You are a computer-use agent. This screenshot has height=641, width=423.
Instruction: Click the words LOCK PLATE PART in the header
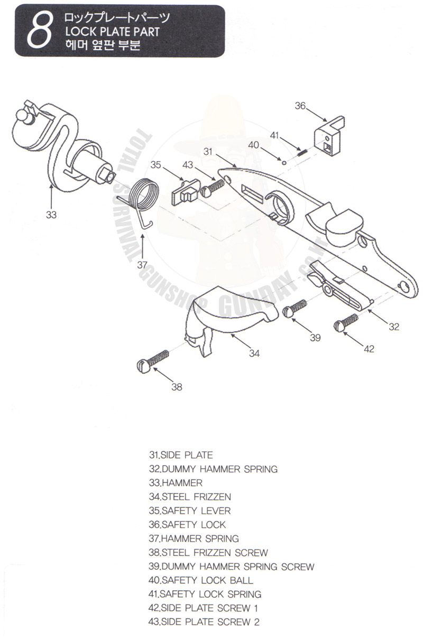click(x=112, y=32)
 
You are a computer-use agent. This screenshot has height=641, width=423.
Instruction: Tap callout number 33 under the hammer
click(x=51, y=215)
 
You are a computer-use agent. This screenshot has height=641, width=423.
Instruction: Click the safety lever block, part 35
click(x=186, y=192)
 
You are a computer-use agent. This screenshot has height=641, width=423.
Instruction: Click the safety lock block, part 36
click(x=329, y=136)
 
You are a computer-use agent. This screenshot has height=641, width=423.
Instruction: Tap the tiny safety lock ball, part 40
click(x=284, y=163)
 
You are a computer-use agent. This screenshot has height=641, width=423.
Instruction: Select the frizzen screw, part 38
click(x=153, y=361)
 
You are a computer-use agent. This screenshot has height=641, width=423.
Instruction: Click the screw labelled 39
click(x=295, y=308)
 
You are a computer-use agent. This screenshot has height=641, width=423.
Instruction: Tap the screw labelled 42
click(x=346, y=323)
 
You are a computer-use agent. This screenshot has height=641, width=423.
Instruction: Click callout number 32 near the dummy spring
click(x=394, y=327)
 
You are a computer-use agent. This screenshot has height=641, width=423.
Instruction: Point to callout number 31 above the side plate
click(x=208, y=152)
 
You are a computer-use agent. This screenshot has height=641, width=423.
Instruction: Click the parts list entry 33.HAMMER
click(x=176, y=483)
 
